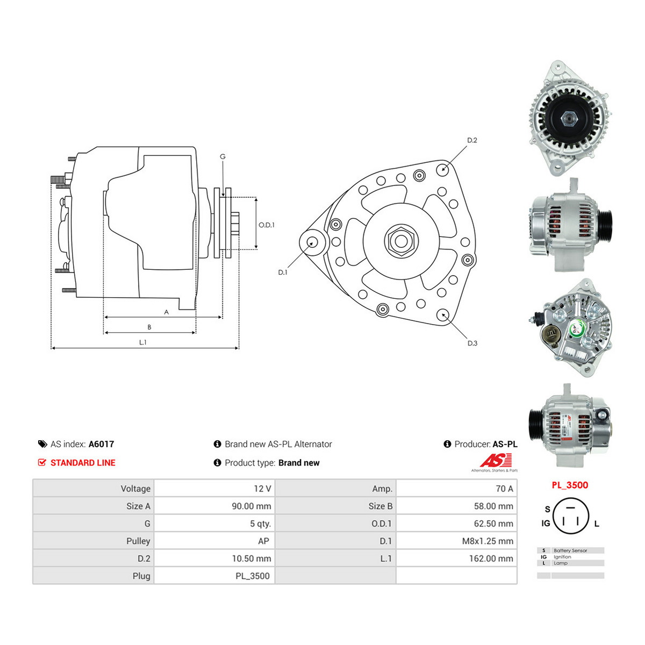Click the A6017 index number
[101, 444]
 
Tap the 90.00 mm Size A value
[252, 506]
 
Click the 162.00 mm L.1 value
[491, 558]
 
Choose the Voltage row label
[135, 489]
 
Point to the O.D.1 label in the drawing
[267, 225]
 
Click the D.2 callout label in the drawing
[472, 140]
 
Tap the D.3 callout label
[472, 343]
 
